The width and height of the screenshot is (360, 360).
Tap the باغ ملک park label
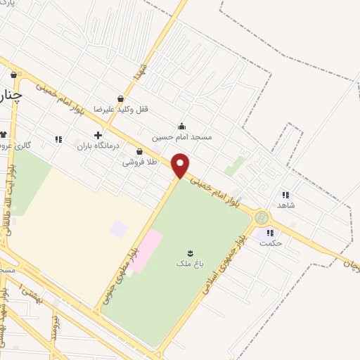[x=188, y=264]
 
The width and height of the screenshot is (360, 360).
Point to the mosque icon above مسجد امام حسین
[x=183, y=127]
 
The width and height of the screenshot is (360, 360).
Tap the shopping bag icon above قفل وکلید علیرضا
[x=120, y=99]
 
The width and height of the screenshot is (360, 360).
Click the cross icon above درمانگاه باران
[x=98, y=135]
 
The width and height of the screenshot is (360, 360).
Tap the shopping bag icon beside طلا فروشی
[x=139, y=150]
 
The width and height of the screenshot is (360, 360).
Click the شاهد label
[x=286, y=206]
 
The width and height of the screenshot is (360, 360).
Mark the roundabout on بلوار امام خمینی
[x=262, y=217]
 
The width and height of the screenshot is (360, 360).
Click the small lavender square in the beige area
[x=120, y=229]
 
